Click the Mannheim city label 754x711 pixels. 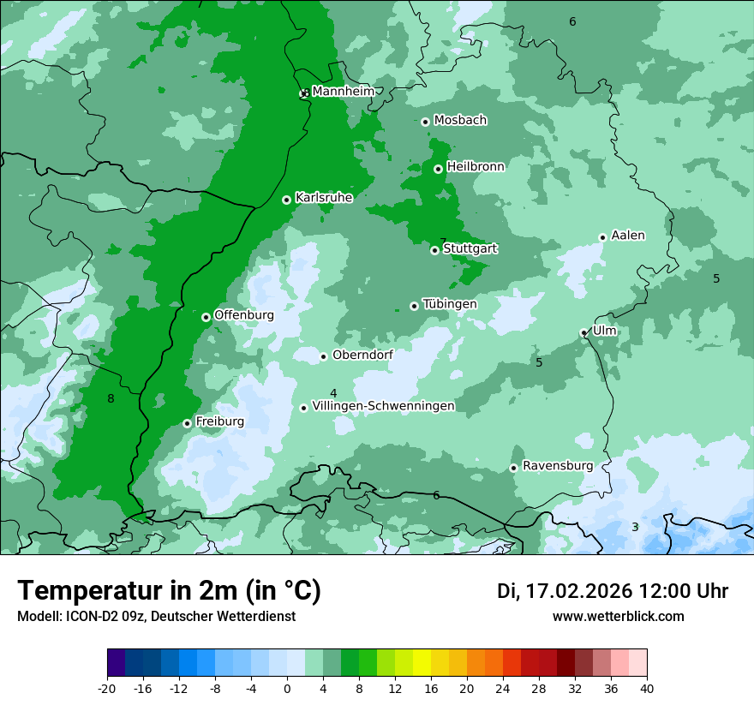343,91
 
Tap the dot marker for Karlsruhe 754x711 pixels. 286,200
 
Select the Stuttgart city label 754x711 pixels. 470,248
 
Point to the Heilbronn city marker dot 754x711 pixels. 438,169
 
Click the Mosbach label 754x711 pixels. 460,120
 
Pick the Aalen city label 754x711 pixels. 628,236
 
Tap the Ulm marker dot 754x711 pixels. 583,332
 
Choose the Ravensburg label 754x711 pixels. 558,466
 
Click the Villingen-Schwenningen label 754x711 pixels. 383,406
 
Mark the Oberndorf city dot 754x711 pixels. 323,356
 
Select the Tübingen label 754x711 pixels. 450,304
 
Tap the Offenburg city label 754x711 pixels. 244,315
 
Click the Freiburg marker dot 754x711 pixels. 187,423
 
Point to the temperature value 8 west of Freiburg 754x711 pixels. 111,398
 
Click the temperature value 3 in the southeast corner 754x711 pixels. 635,527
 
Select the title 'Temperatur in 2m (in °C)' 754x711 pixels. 169,591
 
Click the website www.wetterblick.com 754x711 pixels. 618,617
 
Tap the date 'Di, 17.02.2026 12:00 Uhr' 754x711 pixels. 613,591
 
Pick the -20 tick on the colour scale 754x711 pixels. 107,688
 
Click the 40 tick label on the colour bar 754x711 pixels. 647,688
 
